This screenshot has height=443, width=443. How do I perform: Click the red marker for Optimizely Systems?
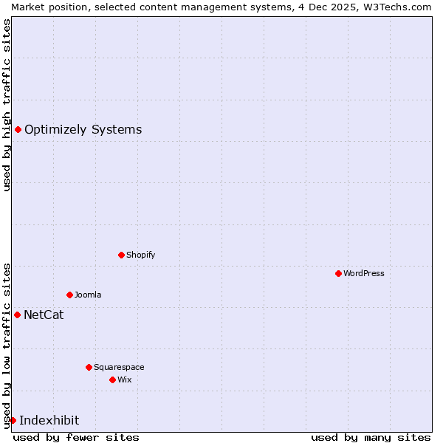tap(18, 130)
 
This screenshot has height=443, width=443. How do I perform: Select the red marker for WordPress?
tap(338, 273)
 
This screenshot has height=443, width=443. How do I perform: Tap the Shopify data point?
tap(121, 255)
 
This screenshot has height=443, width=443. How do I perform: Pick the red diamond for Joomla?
tap(69, 295)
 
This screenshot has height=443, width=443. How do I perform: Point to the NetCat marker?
tap(17, 315)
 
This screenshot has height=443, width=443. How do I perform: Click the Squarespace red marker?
tap(89, 367)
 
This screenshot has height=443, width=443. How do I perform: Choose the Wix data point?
tap(112, 380)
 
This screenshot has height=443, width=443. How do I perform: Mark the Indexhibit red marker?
tap(13, 420)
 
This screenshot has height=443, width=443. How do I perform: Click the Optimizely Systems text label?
tap(83, 130)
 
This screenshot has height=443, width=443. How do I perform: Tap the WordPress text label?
tap(363, 273)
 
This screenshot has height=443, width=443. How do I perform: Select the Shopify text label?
tap(140, 255)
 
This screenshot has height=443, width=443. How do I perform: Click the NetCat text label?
tap(44, 315)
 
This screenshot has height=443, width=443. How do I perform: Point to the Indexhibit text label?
tap(49, 421)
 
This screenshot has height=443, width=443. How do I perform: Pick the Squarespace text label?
tap(119, 367)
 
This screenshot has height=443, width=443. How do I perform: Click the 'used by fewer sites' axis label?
tap(76, 437)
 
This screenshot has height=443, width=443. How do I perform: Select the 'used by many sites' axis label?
tap(371, 437)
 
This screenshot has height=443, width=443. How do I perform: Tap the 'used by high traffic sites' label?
tap(7, 105)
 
